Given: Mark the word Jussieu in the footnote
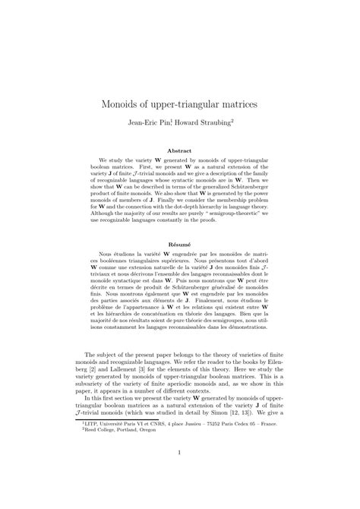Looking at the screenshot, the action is tap(194, 436).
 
